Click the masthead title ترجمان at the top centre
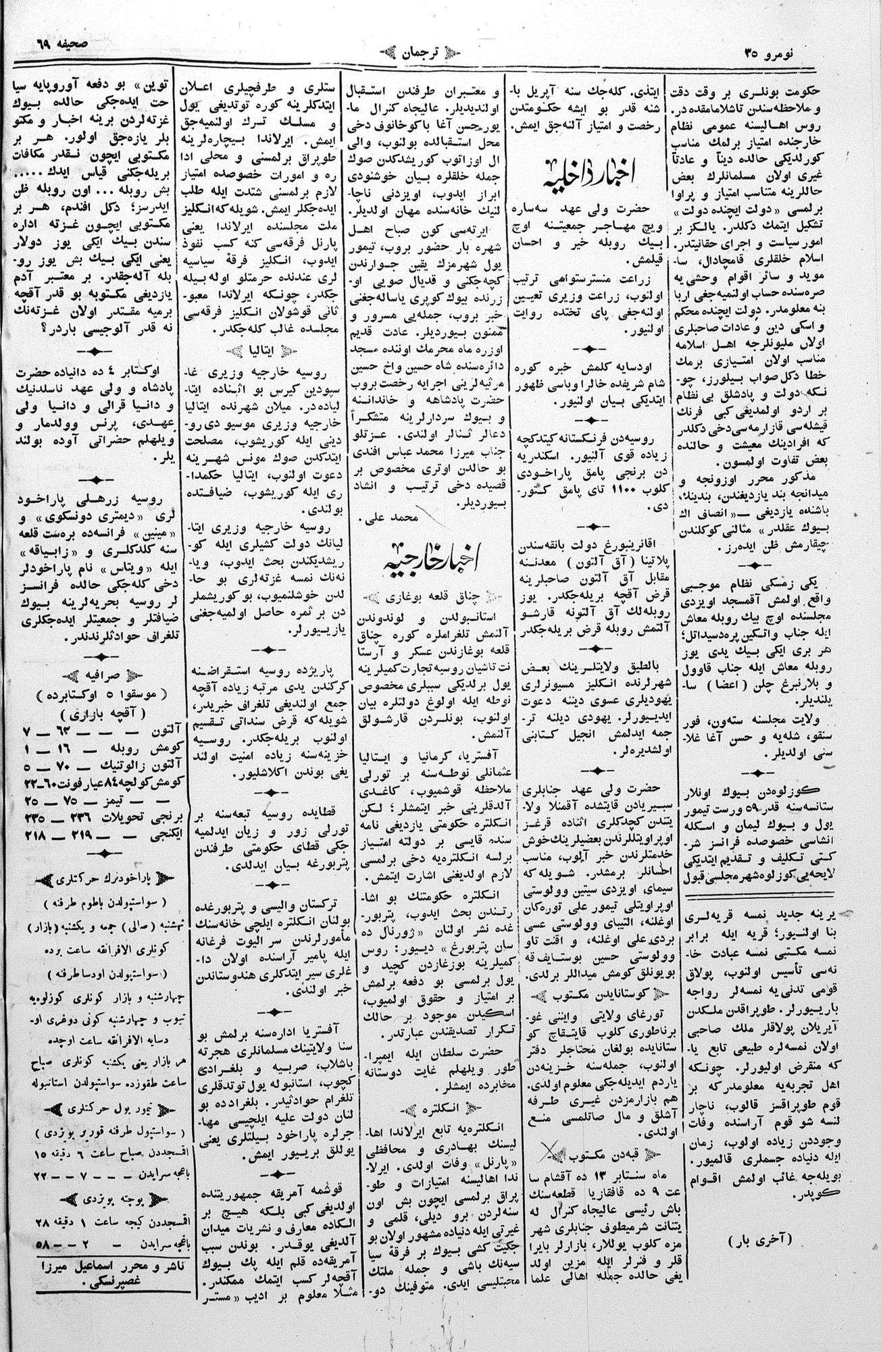[x=440, y=53]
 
